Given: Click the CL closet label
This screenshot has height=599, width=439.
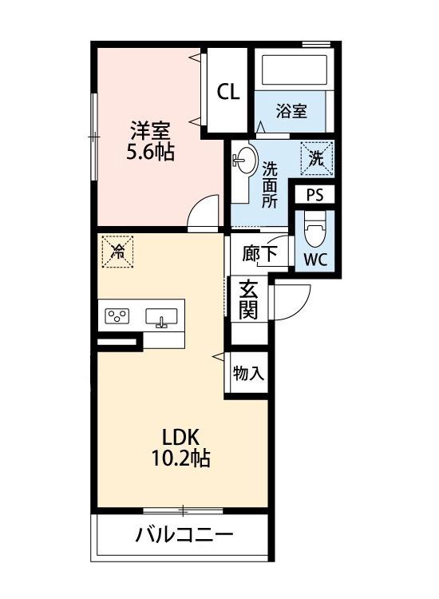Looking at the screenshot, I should (x=228, y=92).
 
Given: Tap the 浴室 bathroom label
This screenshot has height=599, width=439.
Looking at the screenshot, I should (x=291, y=111).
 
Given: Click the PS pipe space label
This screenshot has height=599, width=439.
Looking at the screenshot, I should (x=314, y=195).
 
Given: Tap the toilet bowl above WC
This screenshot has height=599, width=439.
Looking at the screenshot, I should (x=314, y=232).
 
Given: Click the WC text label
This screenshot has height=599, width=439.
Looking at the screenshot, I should (x=314, y=259).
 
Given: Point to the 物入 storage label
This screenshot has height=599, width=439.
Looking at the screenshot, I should (x=247, y=373).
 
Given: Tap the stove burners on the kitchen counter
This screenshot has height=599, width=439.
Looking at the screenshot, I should (x=118, y=316).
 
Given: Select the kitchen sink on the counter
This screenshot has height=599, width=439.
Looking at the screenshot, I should (x=163, y=318).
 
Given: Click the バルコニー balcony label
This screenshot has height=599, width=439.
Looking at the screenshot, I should (x=184, y=534).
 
